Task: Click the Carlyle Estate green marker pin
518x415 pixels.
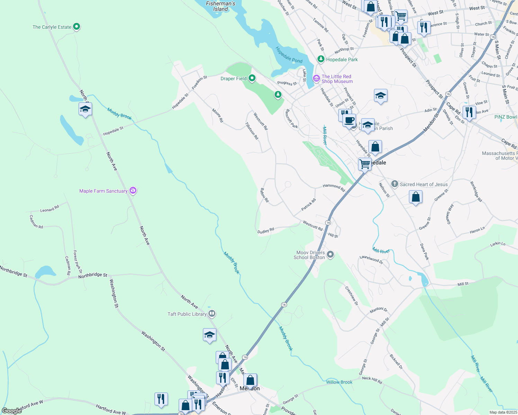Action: click(77, 27)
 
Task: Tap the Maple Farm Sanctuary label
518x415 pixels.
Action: click(103, 191)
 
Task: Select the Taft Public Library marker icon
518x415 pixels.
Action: click(212, 314)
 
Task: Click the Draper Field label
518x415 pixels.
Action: click(233, 79)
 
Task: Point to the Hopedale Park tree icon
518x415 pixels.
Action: click(321, 59)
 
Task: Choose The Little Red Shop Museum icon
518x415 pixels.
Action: click(316, 79)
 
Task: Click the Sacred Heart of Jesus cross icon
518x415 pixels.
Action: click(395, 184)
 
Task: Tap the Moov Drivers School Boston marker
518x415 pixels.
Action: click(330, 255)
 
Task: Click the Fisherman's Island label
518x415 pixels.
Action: click(221, 6)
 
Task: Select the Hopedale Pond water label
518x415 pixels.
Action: click(289, 55)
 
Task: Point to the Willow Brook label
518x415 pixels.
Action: click(339, 382)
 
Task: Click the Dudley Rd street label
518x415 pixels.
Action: click(266, 230)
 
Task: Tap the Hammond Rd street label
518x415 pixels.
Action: click(334, 188)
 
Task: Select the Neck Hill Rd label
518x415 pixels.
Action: click(372, 380)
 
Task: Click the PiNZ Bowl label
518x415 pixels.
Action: click(505, 117)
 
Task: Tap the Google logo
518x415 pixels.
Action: click(12, 411)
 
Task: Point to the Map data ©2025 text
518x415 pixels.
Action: click(503, 412)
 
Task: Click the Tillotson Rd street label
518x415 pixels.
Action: click(252, 131)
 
